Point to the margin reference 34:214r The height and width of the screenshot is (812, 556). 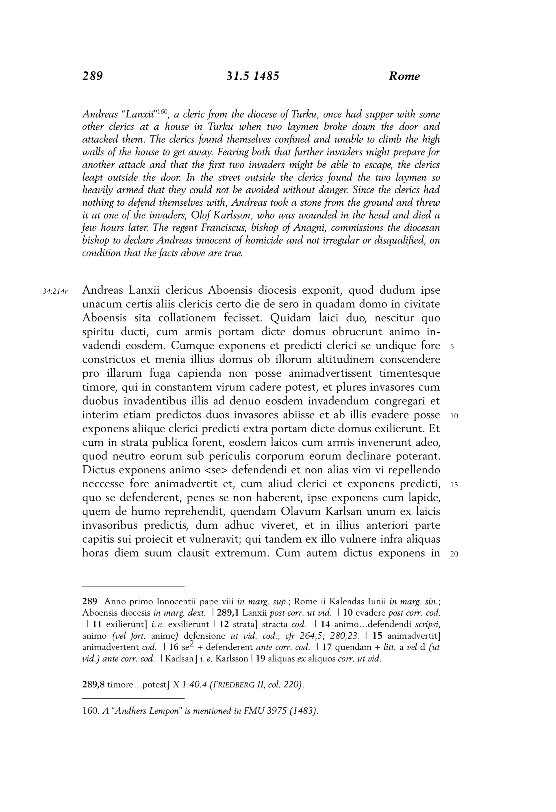(55, 291)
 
